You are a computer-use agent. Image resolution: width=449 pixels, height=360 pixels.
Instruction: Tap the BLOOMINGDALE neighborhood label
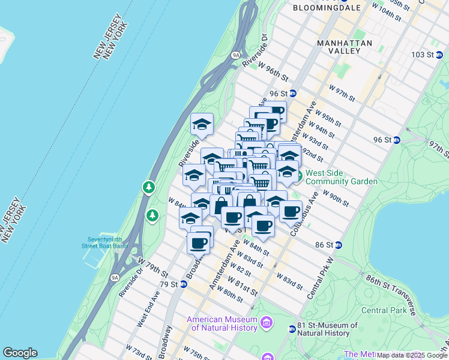tap(327, 8)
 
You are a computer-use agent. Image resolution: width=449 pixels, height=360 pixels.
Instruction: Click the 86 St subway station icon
tap(338, 245)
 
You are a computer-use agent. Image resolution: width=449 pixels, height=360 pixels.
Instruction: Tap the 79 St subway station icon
tap(183, 284)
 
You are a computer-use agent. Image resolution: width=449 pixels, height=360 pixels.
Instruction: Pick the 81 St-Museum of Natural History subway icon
tap(292, 329)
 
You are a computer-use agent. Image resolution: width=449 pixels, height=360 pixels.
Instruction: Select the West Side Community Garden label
tap(342, 178)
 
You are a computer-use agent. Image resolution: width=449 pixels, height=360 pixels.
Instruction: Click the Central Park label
tap(384, 310)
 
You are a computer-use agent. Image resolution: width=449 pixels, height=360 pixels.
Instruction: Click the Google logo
tap(20, 353)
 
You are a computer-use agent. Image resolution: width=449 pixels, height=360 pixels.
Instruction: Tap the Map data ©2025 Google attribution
tap(412, 355)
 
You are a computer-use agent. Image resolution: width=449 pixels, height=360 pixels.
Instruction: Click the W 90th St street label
tap(336, 198)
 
